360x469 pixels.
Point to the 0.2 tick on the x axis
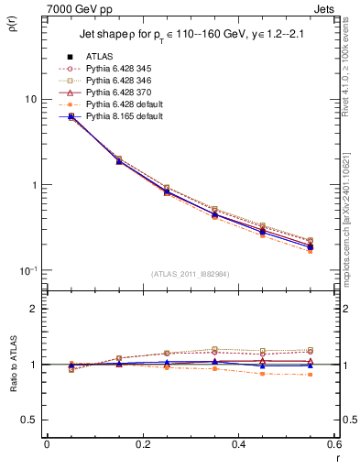(142, 443)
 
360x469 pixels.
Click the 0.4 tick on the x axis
(238, 443)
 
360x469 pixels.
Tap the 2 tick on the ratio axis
(33, 309)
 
